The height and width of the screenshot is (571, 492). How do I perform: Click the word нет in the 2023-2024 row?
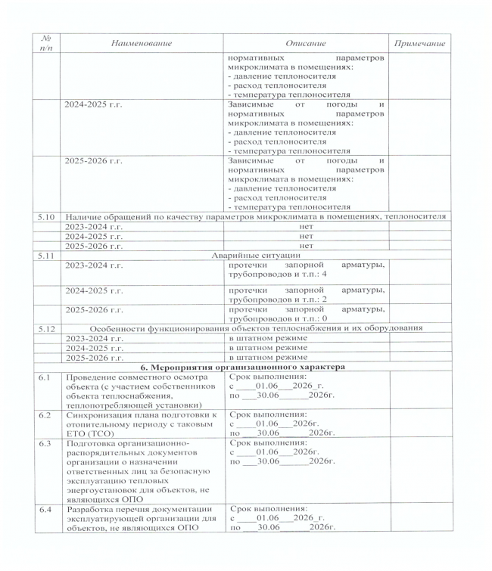306,226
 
